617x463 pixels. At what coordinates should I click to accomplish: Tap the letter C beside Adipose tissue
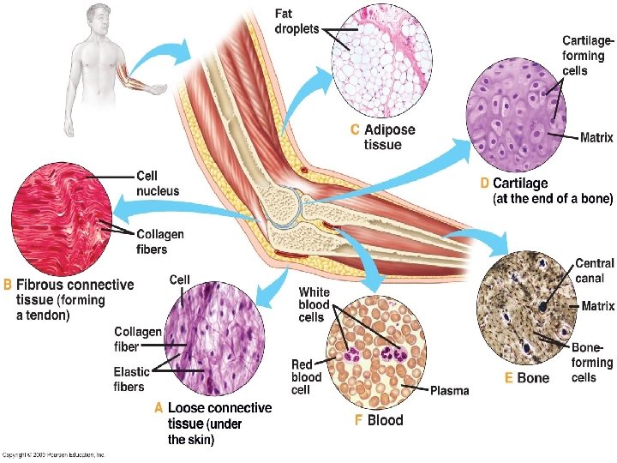(355, 131)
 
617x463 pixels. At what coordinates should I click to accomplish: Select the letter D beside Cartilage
(484, 183)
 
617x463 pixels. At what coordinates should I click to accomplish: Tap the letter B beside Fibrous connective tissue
(9, 285)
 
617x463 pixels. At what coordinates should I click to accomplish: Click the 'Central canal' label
(595, 271)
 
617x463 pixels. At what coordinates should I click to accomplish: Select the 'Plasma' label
(449, 391)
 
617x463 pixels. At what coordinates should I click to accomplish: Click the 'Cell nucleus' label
(158, 183)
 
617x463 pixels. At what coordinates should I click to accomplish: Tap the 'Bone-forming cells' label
(592, 362)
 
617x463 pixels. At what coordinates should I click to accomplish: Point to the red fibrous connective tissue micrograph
(59, 218)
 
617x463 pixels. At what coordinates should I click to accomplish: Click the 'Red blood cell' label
(307, 377)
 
